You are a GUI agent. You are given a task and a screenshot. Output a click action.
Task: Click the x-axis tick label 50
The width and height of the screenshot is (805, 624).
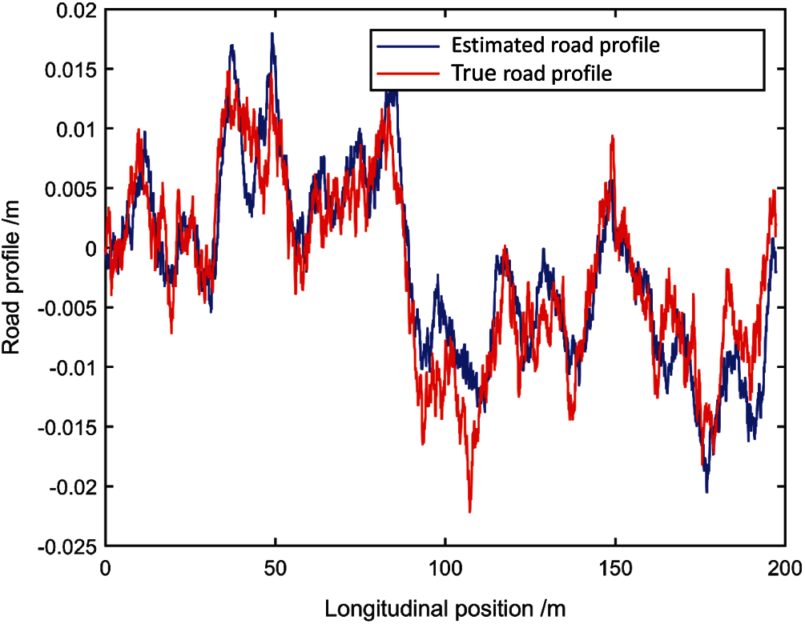pyautogui.click(x=275, y=569)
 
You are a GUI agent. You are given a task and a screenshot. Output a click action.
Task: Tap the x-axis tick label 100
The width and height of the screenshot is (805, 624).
pyautogui.click(x=445, y=569)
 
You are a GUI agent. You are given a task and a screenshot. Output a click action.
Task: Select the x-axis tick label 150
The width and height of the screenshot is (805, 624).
pyautogui.click(x=614, y=569)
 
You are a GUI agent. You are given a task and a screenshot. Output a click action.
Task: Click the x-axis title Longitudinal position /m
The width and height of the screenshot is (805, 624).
pyautogui.click(x=445, y=609)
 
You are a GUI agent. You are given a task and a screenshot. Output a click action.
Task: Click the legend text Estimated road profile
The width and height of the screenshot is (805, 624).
pyautogui.click(x=555, y=45)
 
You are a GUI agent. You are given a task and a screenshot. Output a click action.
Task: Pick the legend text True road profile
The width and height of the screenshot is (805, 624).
pyautogui.click(x=532, y=74)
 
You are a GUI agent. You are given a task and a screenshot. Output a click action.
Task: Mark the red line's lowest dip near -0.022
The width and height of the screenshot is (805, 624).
pyautogui.click(x=469, y=511)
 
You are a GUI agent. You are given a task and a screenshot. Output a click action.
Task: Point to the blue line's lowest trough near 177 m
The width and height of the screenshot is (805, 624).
pyautogui.click(x=706, y=491)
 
